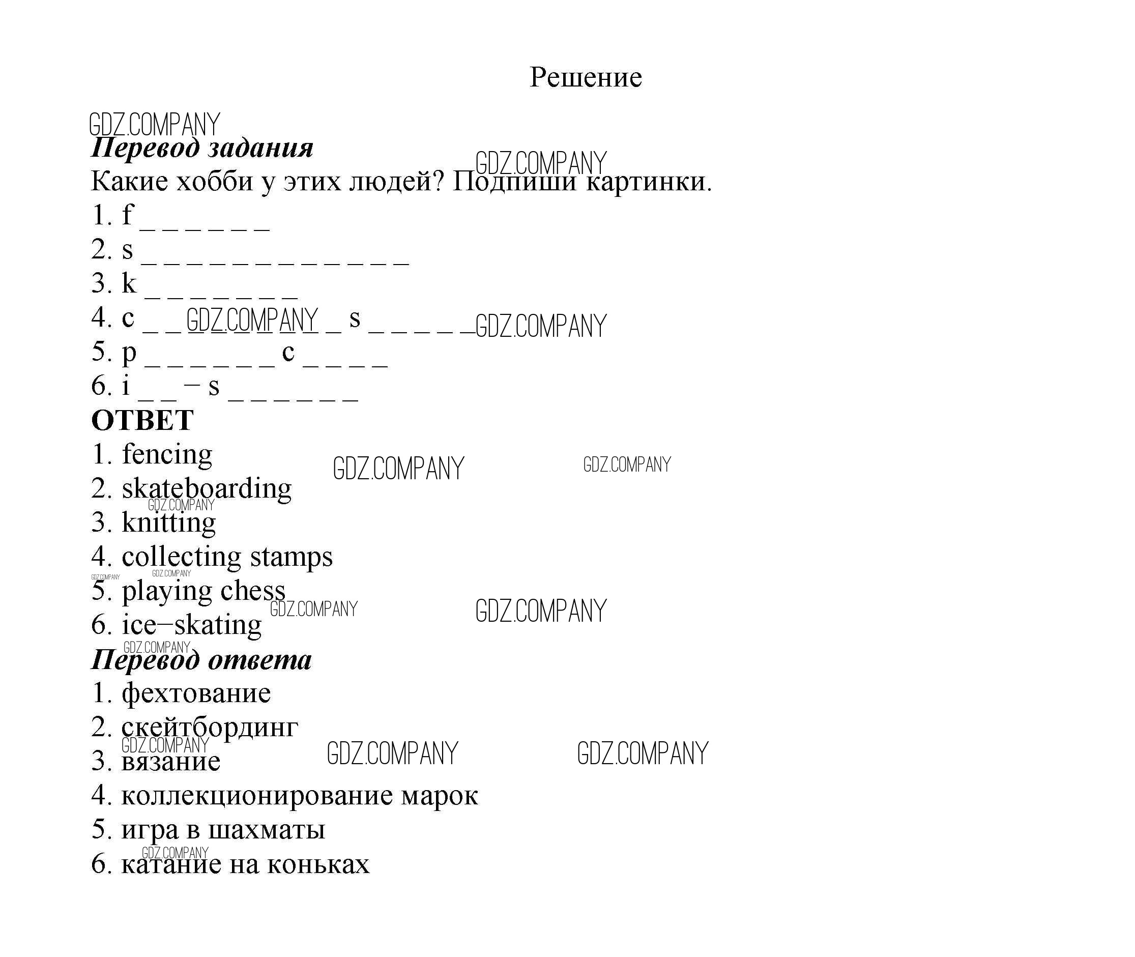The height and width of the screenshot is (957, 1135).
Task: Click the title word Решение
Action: point(586,77)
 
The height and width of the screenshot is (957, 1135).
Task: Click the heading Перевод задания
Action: point(202,148)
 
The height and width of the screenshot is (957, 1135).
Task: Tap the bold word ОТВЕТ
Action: point(142,420)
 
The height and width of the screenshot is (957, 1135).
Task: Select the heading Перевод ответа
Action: point(201,660)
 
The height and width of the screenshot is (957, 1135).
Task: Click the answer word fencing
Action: point(167,455)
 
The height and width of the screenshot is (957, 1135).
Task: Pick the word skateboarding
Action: point(207,489)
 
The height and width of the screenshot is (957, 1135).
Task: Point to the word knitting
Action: point(169,523)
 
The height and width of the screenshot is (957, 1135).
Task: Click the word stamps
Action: point(292,557)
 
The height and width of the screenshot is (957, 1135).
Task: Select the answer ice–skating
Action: point(191,625)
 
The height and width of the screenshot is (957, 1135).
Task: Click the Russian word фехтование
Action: point(196,694)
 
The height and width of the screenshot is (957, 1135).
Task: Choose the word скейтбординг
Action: point(210,728)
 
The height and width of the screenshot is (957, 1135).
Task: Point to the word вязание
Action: point(171,761)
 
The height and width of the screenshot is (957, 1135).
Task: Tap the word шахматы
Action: point(267,830)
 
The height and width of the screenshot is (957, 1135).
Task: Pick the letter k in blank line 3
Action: point(129,283)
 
